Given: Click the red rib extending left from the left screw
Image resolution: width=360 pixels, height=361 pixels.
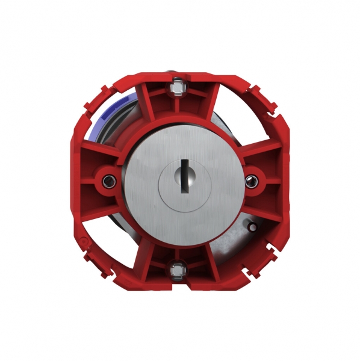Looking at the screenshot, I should [x=90, y=180].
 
